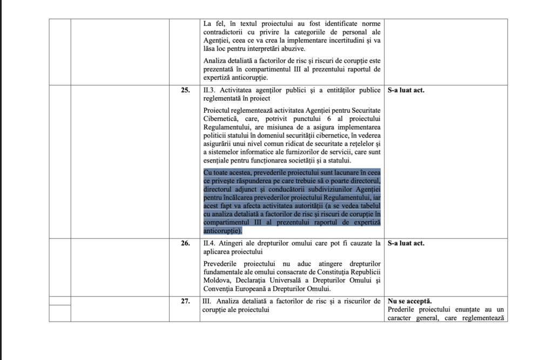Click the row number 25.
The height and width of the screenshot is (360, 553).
tap(185, 90)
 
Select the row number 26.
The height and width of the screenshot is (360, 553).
tap(185, 243)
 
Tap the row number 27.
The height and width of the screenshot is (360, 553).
tap(185, 301)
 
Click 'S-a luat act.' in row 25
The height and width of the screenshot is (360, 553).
tap(406, 90)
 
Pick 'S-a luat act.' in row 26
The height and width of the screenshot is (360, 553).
tap(406, 243)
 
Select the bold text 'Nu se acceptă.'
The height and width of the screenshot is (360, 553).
tap(409, 301)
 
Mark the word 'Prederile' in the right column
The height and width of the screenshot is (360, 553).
tap(404, 309)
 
